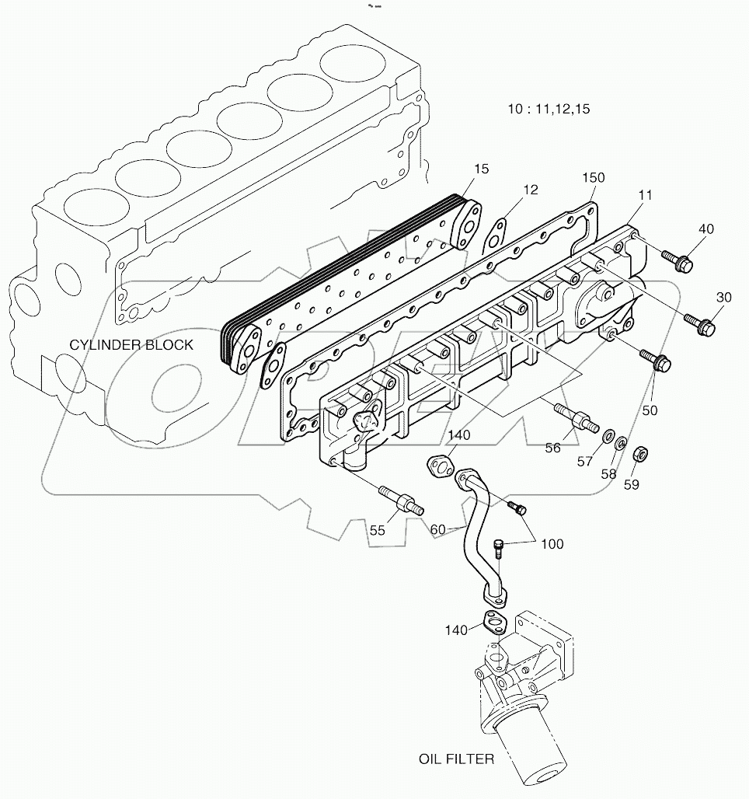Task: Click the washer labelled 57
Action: pos(608,433)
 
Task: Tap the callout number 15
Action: pos(482,169)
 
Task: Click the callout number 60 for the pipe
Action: pos(438,529)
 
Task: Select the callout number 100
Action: pos(552,544)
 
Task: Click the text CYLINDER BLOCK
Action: pos(131,344)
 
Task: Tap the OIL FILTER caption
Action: pos(455,759)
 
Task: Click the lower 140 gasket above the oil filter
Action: pos(492,621)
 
